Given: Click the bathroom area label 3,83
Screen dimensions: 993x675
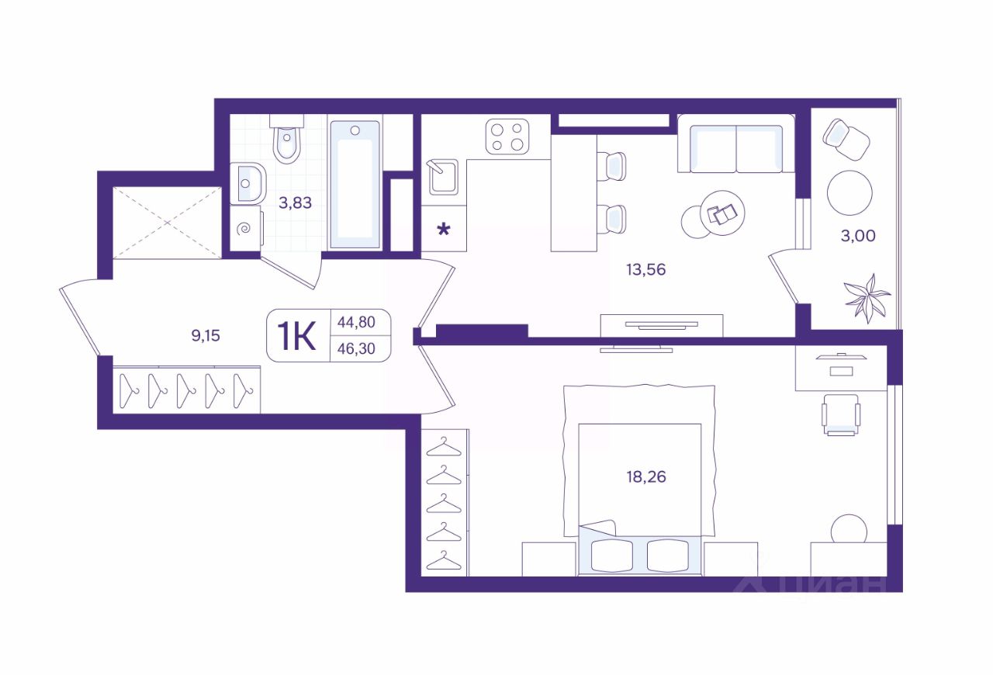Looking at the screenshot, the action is point(296,202).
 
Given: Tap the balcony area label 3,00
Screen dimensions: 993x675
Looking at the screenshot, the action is point(858,236).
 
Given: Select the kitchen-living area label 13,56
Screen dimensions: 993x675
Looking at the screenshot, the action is point(646,269).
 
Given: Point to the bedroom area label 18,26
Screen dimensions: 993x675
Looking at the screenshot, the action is point(646,476).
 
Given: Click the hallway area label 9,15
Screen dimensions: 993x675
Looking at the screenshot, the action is point(206,335).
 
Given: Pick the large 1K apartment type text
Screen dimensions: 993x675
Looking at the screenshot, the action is point(296,336).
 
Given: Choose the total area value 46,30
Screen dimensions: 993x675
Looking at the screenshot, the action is point(356,348).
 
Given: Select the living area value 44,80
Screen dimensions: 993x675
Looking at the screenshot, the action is point(356,322).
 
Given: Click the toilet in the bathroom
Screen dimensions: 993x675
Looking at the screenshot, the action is point(287,138).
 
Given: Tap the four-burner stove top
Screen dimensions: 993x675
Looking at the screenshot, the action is point(507,137).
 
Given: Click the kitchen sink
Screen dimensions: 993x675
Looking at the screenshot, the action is point(443,178).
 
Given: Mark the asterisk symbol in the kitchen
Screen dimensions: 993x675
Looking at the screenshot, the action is point(444,230).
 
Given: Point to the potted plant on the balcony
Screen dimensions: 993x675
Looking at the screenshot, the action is point(867,298).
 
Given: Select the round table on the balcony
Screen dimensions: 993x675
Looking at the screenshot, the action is point(849,193).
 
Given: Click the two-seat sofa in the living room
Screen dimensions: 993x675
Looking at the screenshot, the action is point(736,144).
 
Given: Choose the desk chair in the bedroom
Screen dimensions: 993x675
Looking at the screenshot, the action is point(841,414).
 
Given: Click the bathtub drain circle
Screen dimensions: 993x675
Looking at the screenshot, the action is point(355,130).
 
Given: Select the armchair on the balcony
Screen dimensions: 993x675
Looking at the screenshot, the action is point(846,139).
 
